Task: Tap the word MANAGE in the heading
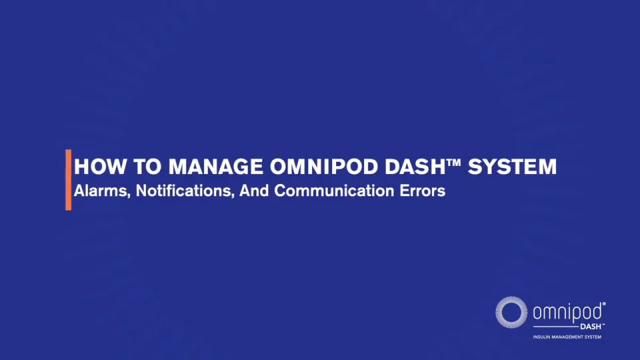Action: [x=215, y=167]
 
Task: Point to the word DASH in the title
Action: [x=415, y=167]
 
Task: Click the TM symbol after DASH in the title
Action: [x=453, y=162]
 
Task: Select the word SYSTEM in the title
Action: [x=512, y=167]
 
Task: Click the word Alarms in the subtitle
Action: [x=102, y=191]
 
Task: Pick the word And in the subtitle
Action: [x=254, y=191]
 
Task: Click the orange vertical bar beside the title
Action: [x=68, y=180]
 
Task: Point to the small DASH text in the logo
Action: [x=591, y=327]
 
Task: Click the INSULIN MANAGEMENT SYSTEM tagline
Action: [x=567, y=337]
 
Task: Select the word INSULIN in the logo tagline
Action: [x=541, y=337]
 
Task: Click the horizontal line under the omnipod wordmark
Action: [x=555, y=327]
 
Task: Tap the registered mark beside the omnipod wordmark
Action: [x=604, y=304]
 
